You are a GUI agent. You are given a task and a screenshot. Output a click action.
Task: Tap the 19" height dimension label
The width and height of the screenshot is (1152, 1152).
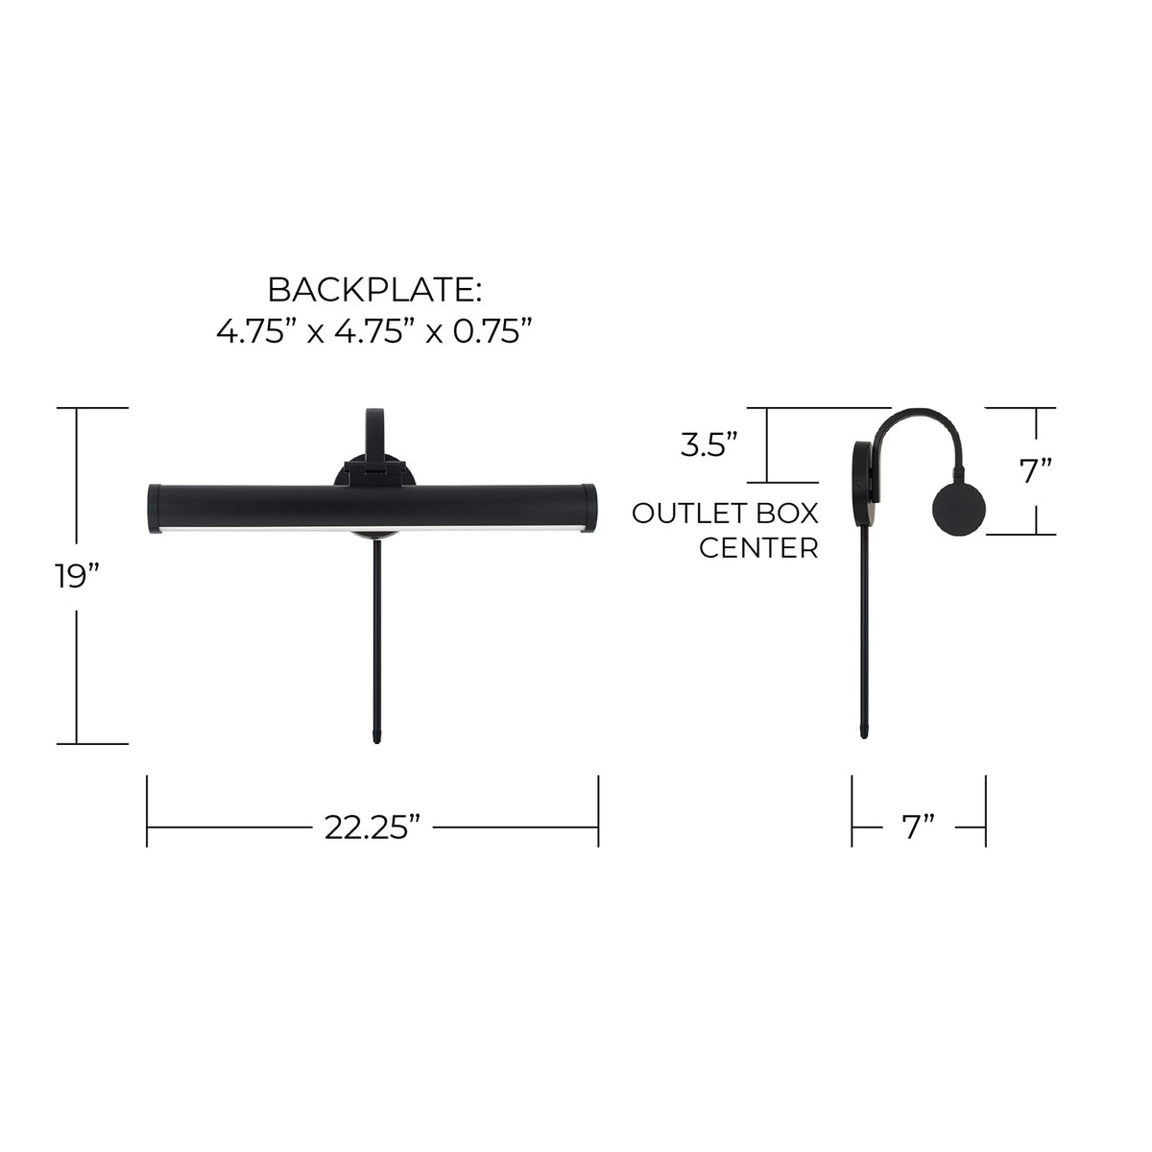[x=77, y=576]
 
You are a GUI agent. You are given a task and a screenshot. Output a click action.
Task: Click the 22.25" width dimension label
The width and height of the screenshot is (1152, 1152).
[x=372, y=828]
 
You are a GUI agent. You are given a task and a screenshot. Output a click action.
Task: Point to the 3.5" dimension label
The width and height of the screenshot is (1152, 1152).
[x=709, y=444]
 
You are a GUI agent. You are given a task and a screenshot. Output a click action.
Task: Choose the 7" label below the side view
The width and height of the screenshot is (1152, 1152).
[x=919, y=828]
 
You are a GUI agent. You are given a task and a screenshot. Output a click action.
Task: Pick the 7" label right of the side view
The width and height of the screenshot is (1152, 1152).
[x=1036, y=471]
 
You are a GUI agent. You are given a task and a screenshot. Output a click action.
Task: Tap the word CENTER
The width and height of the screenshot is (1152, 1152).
[x=758, y=547]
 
